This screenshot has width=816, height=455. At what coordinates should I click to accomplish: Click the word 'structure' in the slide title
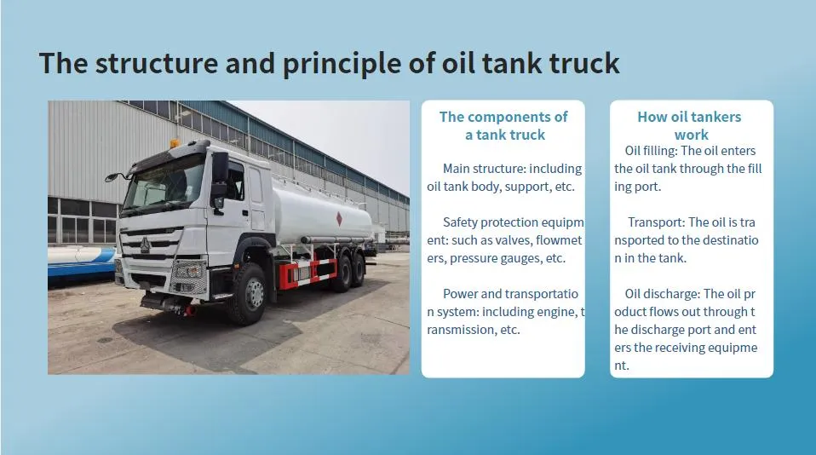point(148,62)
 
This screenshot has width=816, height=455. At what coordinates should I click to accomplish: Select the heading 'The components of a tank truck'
point(503,125)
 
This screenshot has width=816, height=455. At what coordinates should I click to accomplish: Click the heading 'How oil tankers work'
point(690,125)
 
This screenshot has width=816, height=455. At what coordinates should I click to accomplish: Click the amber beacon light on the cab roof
point(175,143)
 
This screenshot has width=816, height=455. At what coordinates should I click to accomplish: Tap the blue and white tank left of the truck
point(81,264)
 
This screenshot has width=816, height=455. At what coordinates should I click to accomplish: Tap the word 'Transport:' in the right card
point(656,222)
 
